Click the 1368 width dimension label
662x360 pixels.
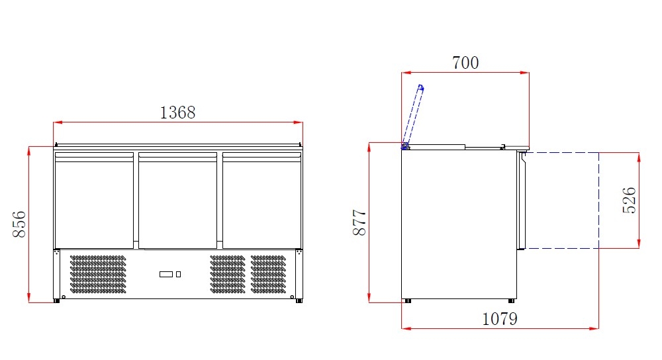[177, 112]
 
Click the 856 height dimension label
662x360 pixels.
[19, 224]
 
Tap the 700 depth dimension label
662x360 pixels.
[465, 63]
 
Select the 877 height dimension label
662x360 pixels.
[359, 222]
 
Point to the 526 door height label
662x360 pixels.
[629, 200]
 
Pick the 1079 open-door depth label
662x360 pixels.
[499, 319]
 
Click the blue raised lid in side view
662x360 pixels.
[413, 115]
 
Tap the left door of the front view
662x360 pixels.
[94, 201]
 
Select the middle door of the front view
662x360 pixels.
[177, 201]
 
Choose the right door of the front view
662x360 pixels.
[261, 201]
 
